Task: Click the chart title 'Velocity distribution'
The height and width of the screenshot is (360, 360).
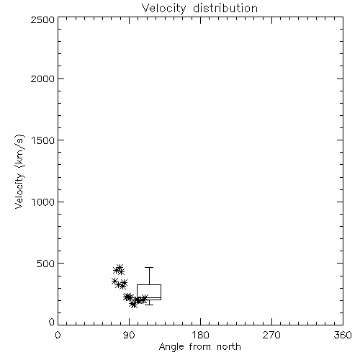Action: pos(199,8)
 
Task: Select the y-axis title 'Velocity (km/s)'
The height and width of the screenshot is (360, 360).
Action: pos(19,171)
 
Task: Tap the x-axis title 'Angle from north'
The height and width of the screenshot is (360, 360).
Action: pos(199,347)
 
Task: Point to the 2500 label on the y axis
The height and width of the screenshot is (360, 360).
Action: pos(42,19)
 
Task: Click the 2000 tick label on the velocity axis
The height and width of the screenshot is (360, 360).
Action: pos(42,78)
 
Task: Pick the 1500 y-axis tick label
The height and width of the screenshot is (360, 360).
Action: pos(43,140)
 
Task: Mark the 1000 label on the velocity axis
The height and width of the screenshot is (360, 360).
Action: pos(43,202)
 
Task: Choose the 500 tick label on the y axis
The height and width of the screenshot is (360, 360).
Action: pos(46,264)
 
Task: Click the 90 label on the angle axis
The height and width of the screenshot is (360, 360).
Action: pos(129,335)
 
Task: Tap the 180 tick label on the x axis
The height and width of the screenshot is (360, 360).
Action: pos(200,335)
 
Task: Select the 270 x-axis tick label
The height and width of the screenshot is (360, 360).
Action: pos(271,335)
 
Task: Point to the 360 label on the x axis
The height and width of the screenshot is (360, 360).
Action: pos(343,335)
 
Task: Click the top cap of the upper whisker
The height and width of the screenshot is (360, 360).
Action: pos(149,267)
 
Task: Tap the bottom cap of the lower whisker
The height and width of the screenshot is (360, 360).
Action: pos(149,305)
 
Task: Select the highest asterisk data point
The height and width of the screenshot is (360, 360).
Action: pos(120,267)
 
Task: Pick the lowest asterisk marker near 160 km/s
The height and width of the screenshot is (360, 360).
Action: pos(133,305)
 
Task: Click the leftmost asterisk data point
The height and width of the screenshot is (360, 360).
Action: pos(114,281)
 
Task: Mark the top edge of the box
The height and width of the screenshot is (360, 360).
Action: pos(149,285)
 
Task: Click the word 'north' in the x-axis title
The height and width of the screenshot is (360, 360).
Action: pos(229,347)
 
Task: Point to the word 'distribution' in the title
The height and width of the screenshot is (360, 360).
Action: pos(225,8)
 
